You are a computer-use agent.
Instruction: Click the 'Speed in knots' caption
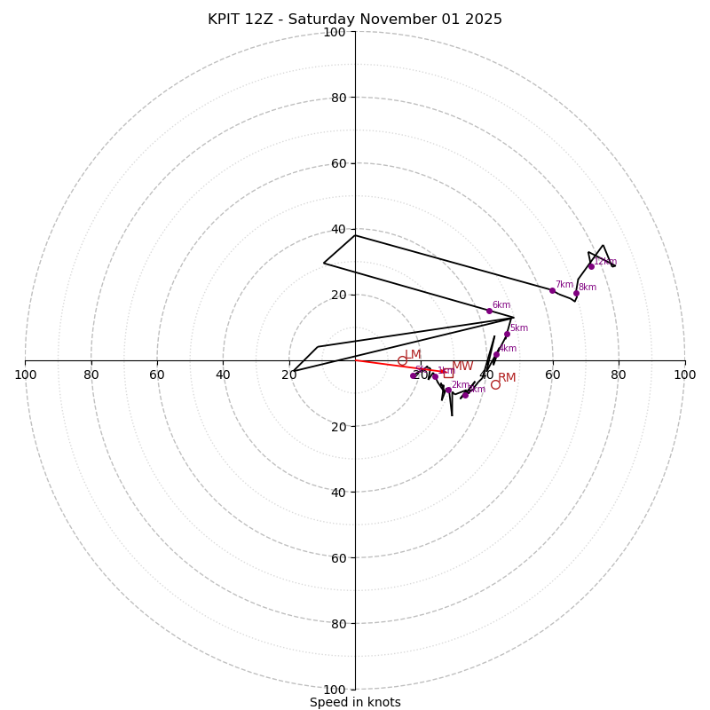pos(355,702)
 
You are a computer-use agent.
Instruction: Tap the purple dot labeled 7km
pos(552,290)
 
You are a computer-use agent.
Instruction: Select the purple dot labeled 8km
pos(576,293)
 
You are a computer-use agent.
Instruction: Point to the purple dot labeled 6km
pos(489,311)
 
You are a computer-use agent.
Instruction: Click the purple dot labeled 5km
pos(507,335)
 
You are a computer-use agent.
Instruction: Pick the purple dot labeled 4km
pos(496,355)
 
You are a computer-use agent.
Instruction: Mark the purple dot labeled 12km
pos(591,266)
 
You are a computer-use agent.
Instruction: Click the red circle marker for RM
pos(495,384)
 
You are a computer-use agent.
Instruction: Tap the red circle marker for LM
pos(402,360)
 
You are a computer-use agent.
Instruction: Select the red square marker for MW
pos(448,373)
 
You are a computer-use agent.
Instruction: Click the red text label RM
pos(507,378)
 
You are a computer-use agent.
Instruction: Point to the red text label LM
pos(414,355)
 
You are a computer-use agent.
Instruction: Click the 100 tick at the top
pos(335,32)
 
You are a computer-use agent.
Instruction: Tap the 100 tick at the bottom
pos(335,689)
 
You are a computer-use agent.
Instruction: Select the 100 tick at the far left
pos(25,375)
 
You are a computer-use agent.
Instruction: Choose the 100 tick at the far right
pos(684,375)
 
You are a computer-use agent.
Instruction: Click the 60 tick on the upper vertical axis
pos(337,163)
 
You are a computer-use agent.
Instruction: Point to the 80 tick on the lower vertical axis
pos(337,623)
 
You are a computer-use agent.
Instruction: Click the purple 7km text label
pos(564,285)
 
